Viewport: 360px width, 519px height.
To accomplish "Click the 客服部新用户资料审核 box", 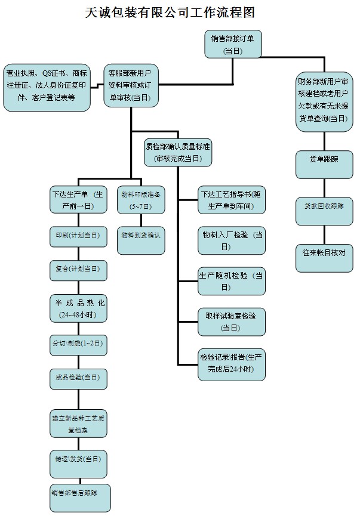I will point(131,85).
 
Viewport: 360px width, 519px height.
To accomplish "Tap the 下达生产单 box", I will point(78,200).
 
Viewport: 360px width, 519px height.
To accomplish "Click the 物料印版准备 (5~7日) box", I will point(141,200).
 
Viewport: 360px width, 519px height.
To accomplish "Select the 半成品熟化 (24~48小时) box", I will point(78,308).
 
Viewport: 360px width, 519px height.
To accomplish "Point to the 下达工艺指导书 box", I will point(231,200).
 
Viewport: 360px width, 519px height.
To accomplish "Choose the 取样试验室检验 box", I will point(231,322).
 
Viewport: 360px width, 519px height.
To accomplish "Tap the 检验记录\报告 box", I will point(231,363).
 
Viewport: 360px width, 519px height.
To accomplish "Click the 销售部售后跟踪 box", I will point(79,497).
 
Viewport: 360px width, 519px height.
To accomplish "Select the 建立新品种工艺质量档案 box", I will point(78,423).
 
